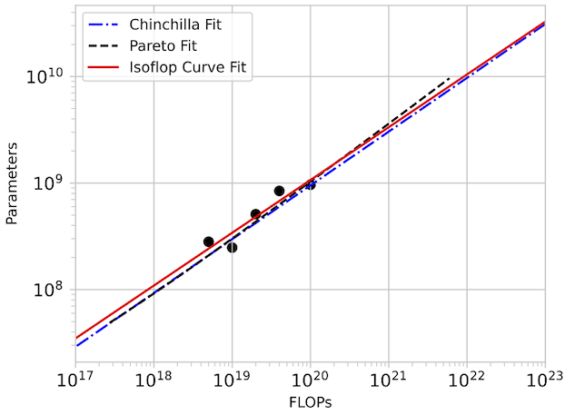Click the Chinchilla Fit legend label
coord(175,23)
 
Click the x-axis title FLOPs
coord(310,402)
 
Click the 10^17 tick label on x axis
coord(75,378)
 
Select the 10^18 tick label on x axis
coord(154,378)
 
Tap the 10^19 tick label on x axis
coord(232,378)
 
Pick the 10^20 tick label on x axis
coord(310,378)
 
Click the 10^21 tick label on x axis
coord(389,378)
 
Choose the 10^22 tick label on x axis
coord(467,378)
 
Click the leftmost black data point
coord(208,242)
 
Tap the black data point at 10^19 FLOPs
coord(232,247)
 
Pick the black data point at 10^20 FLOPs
coord(310,184)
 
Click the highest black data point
coord(279,191)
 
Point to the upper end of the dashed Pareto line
coord(450,79)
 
